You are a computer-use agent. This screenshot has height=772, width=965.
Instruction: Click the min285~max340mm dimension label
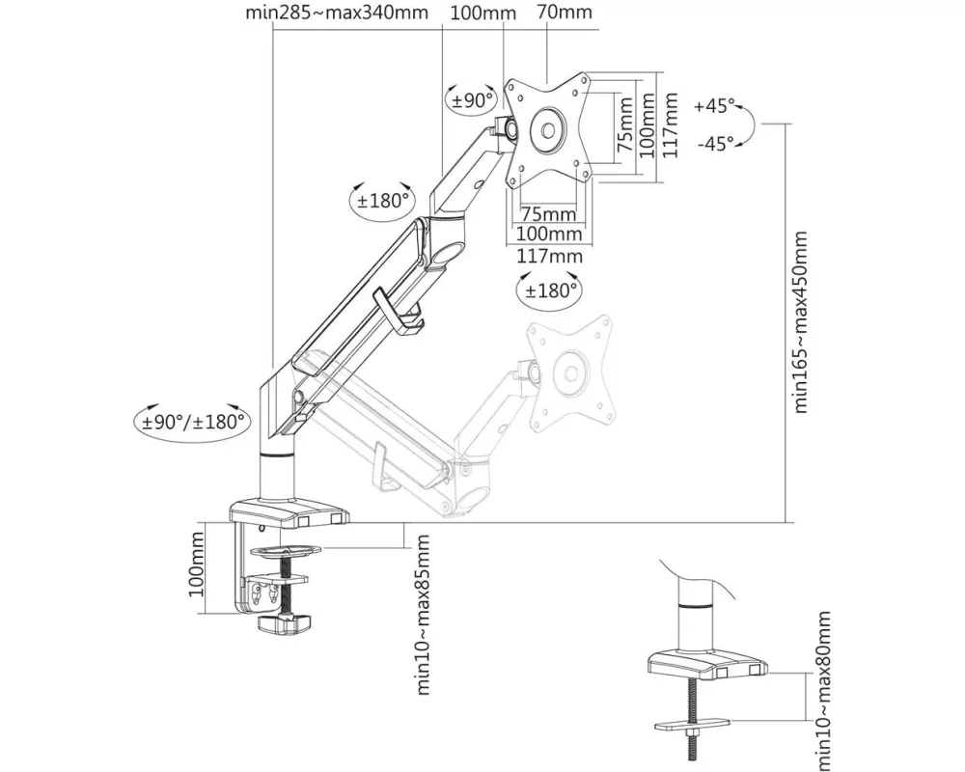point(337,14)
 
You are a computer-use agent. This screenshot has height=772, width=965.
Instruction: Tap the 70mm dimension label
point(565,14)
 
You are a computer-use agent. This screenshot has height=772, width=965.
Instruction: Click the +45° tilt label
point(714,106)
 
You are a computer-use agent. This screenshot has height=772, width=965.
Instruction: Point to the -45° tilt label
point(714,144)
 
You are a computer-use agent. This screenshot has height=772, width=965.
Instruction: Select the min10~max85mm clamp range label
point(422,612)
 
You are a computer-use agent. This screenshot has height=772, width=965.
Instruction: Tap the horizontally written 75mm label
point(547,214)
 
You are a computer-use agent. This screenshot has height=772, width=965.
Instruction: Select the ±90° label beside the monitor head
point(471,100)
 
